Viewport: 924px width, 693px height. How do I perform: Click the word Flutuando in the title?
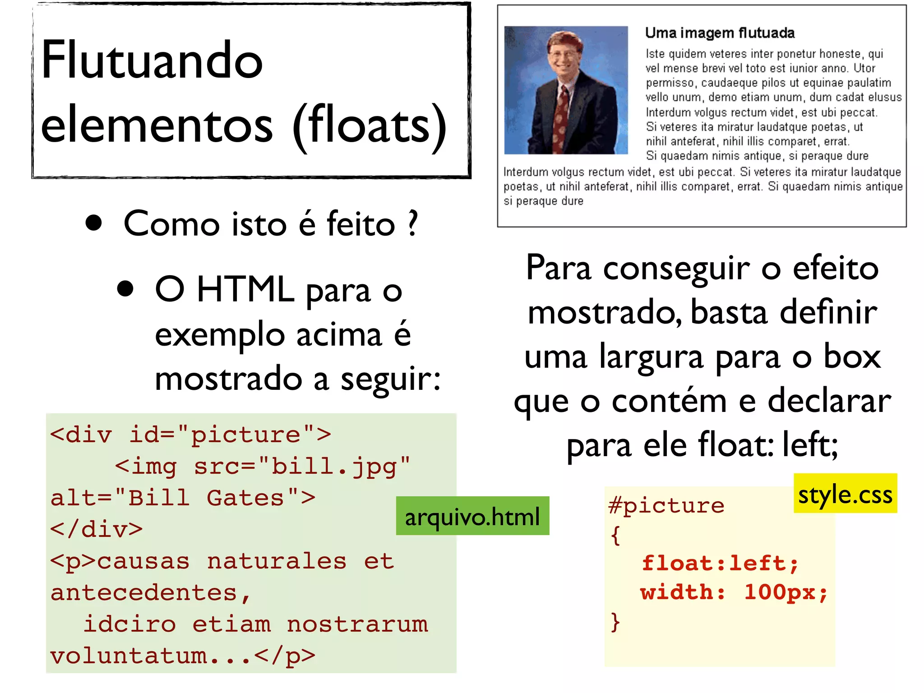pyautogui.click(x=152, y=61)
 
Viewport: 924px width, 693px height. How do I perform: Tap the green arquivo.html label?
pyautogui.click(x=472, y=516)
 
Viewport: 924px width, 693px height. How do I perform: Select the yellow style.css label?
pyautogui.click(x=845, y=494)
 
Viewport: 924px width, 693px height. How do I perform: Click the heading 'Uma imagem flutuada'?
pyautogui.click(x=720, y=33)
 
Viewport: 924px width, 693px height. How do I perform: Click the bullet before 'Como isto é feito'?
pyautogui.click(x=93, y=223)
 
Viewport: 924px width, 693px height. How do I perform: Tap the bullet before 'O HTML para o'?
pyautogui.click(x=125, y=289)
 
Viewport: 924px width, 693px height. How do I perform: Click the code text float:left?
pyautogui.click(x=720, y=563)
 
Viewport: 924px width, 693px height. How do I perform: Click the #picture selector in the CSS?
pyautogui.click(x=666, y=505)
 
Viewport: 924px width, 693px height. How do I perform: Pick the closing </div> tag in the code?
pyautogui.click(x=97, y=529)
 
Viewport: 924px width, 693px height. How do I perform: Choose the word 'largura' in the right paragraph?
pyautogui.click(x=651, y=356)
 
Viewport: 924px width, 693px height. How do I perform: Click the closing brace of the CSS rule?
pyautogui.click(x=615, y=622)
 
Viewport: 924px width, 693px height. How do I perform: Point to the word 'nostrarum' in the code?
pyautogui.click(x=357, y=624)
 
